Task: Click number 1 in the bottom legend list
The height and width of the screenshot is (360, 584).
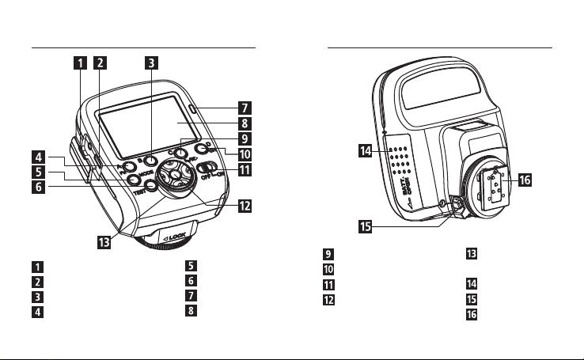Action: click(38, 267)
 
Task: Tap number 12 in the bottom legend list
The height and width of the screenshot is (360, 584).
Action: click(328, 300)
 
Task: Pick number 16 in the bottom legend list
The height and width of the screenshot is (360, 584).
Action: click(471, 314)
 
